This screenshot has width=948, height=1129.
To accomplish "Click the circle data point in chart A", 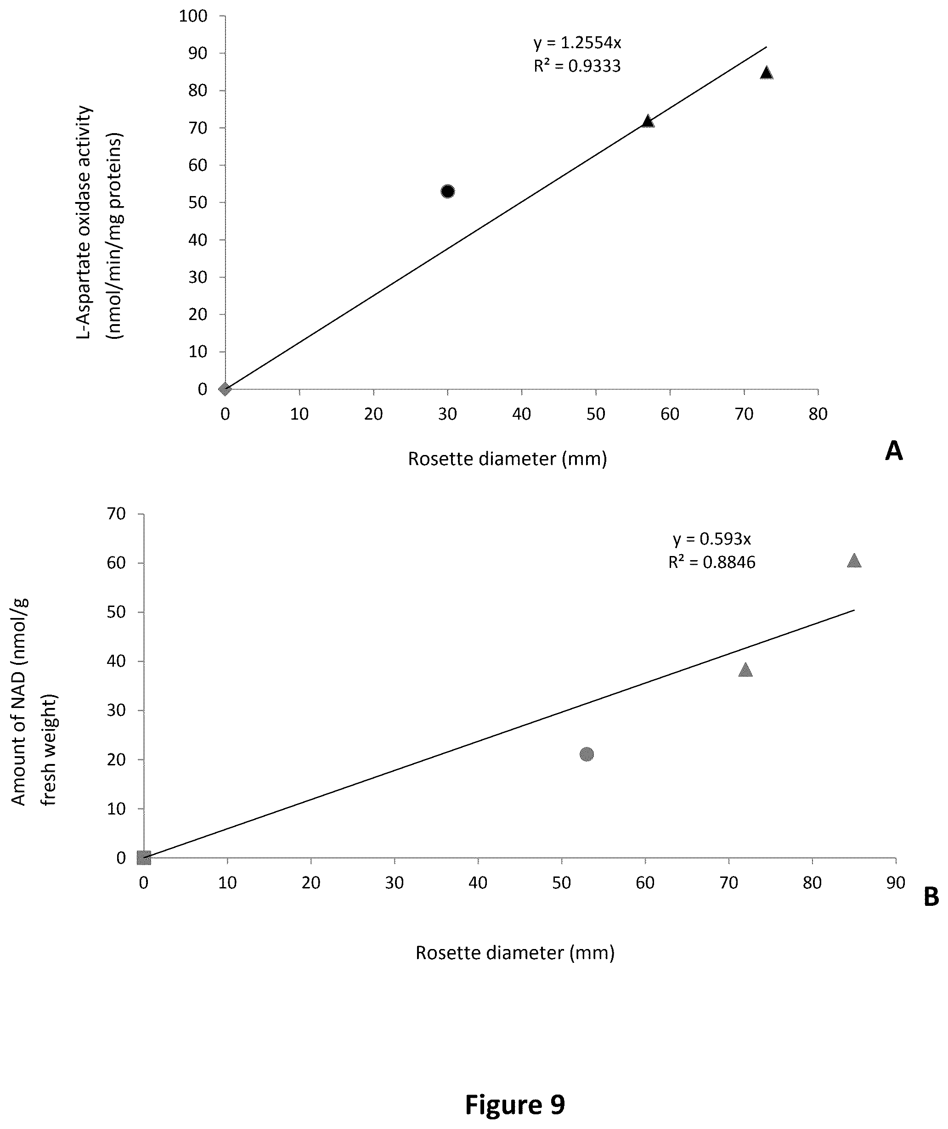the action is pyautogui.click(x=447, y=191).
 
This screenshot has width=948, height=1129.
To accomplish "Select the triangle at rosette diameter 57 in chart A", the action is pyautogui.click(x=648, y=121).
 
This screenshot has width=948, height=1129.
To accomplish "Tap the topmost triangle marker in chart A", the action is pyautogui.click(x=766, y=73).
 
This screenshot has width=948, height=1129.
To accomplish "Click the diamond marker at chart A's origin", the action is pyautogui.click(x=226, y=389).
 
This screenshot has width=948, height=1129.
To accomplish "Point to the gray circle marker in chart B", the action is pyautogui.click(x=587, y=754).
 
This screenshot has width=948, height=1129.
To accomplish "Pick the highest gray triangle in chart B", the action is pyautogui.click(x=854, y=561).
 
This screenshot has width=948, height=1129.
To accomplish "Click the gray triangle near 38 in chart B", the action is pyautogui.click(x=745, y=669).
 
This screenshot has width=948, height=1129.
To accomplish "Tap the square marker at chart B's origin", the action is pyautogui.click(x=144, y=858).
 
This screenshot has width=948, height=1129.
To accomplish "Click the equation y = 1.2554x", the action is pyautogui.click(x=577, y=43).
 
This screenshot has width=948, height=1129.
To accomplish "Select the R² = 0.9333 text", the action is pyautogui.click(x=577, y=66).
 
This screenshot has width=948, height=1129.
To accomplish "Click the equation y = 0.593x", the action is pyautogui.click(x=712, y=539).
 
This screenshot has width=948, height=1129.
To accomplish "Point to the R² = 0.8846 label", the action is pyautogui.click(x=712, y=562).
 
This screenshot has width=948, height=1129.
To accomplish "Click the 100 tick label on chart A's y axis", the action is pyautogui.click(x=193, y=16).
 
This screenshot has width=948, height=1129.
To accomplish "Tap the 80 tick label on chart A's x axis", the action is pyautogui.click(x=818, y=414).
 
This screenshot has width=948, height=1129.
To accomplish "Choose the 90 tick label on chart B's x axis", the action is pyautogui.click(x=896, y=883).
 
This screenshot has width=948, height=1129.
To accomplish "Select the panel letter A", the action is pyautogui.click(x=894, y=450).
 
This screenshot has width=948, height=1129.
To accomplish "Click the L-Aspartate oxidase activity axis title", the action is pyautogui.click(x=85, y=223).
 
